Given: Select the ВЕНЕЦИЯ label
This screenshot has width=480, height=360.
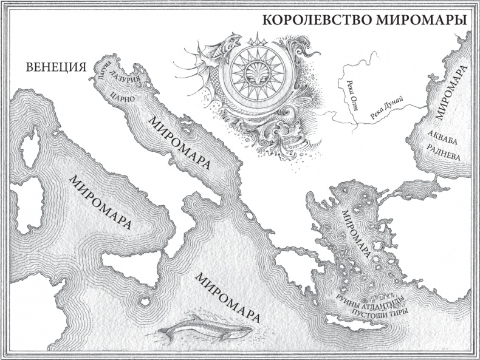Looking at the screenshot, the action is pyautogui.click(x=55, y=67).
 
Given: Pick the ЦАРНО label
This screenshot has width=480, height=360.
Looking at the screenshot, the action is pyautogui.click(x=123, y=97).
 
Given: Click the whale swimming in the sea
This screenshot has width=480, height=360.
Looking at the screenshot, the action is pyautogui.click(x=206, y=328).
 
